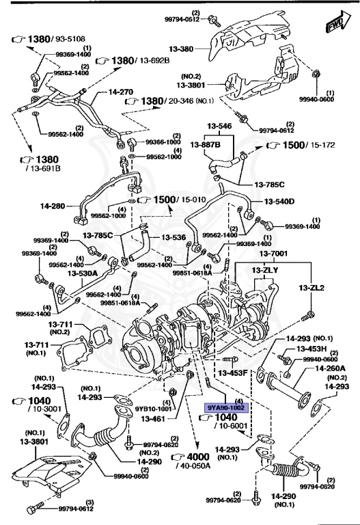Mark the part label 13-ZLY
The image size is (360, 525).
[262, 271]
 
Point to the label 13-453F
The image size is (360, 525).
[232, 373]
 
